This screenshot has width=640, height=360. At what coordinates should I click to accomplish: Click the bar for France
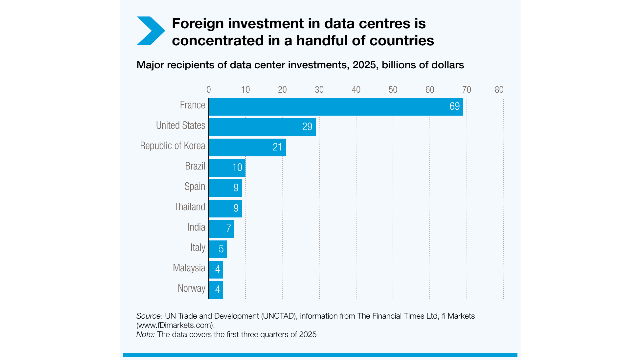336,105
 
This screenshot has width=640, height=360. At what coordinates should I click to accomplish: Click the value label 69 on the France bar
455,105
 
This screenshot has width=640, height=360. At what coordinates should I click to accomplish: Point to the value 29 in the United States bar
308,126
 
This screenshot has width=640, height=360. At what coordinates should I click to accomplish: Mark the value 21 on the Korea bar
278,147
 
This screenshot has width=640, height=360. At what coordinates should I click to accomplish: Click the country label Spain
194,187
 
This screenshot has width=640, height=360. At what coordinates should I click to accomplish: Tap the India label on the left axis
195,228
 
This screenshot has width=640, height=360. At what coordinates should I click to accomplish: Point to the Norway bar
216,289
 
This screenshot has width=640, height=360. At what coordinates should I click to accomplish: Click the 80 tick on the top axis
498,89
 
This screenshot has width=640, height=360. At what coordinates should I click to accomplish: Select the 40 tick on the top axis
355,89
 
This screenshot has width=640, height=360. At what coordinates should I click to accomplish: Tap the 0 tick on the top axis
209,89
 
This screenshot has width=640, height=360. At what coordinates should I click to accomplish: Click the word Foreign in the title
198,22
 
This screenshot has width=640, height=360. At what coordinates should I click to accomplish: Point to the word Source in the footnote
148,315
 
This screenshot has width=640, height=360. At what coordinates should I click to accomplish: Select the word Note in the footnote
145,333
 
